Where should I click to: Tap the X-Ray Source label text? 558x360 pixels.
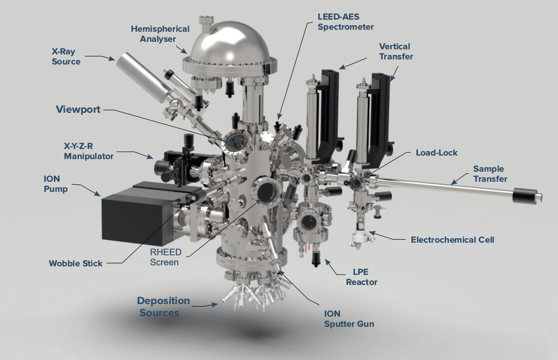[65, 56]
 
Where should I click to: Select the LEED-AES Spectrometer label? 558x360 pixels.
[345, 21]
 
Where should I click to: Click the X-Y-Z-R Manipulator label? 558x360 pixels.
[88, 151]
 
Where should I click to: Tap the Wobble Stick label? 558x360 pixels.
[76, 263]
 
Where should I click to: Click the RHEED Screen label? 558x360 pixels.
[164, 257]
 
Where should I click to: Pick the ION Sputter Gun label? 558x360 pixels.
[349, 318]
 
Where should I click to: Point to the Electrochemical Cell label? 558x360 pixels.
[452, 240]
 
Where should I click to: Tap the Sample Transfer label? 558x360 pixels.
[490, 174]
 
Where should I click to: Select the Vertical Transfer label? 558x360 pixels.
[396, 51]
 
